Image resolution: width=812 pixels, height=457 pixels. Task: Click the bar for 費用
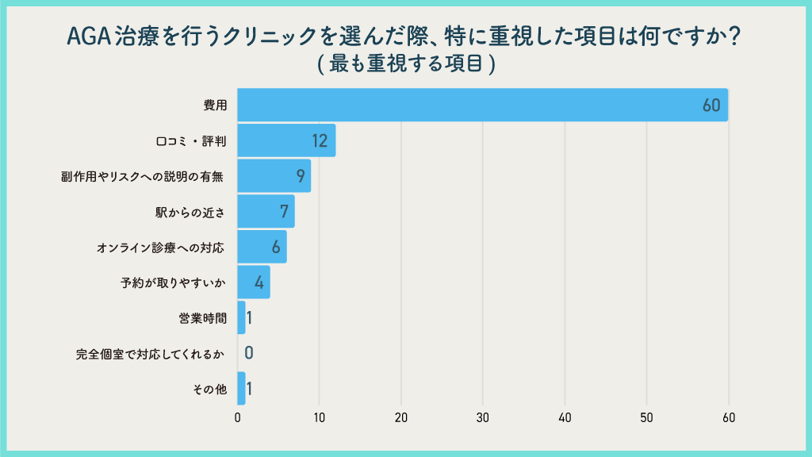point(476,106)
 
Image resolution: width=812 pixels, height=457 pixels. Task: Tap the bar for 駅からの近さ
point(266,212)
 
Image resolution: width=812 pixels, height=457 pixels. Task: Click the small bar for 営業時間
point(242,317)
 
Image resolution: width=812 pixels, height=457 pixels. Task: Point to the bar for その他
point(242,389)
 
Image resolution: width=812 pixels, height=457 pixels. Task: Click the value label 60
point(710,106)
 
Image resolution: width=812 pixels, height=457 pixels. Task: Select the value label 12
point(320,141)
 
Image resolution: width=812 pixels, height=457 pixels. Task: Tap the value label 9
point(299,176)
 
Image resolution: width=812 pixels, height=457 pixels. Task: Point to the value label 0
point(249,353)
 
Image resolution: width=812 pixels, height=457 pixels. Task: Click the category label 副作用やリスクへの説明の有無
point(143,176)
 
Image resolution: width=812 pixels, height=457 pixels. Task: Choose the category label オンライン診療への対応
point(160,248)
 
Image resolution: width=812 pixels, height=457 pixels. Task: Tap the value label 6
point(276,248)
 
